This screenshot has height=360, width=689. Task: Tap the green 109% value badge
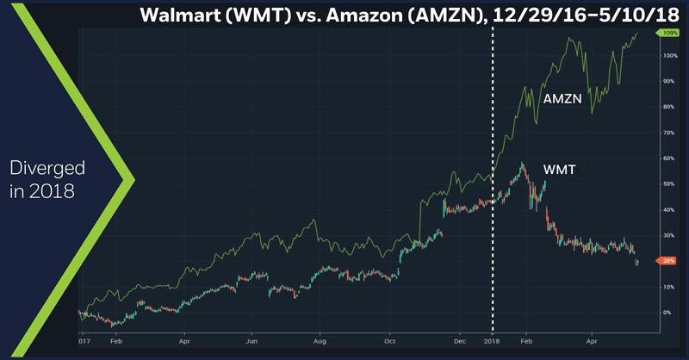click(x=669, y=33)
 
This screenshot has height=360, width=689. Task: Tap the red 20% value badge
click(x=669, y=261)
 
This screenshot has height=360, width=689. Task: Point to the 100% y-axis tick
click(x=668, y=56)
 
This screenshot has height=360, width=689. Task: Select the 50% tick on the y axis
click(x=668, y=184)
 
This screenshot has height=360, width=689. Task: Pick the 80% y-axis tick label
click(x=668, y=108)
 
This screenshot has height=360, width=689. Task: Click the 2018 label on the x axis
click(x=493, y=342)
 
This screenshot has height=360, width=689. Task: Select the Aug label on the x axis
click(x=319, y=342)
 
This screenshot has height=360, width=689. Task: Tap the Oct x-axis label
click(x=389, y=342)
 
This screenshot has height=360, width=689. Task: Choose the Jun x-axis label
click(x=251, y=342)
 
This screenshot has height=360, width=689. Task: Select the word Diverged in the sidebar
click(x=48, y=167)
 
